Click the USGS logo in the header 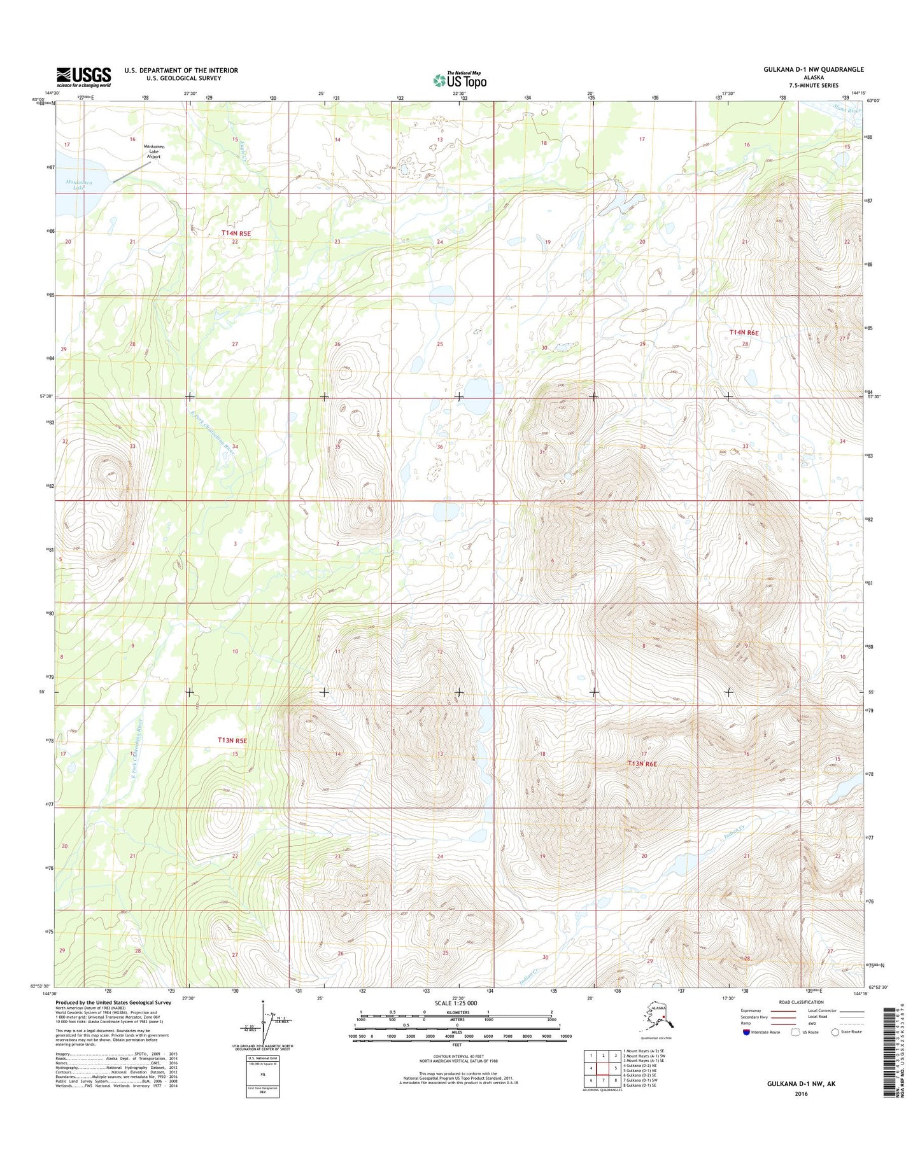pyautogui.click(x=83, y=77)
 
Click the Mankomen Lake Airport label pyautogui.click(x=153, y=151)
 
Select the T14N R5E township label pyautogui.click(x=236, y=234)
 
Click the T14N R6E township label pyautogui.click(x=744, y=333)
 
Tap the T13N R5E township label pyautogui.click(x=232, y=741)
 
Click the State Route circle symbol pyautogui.click(x=835, y=1032)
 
